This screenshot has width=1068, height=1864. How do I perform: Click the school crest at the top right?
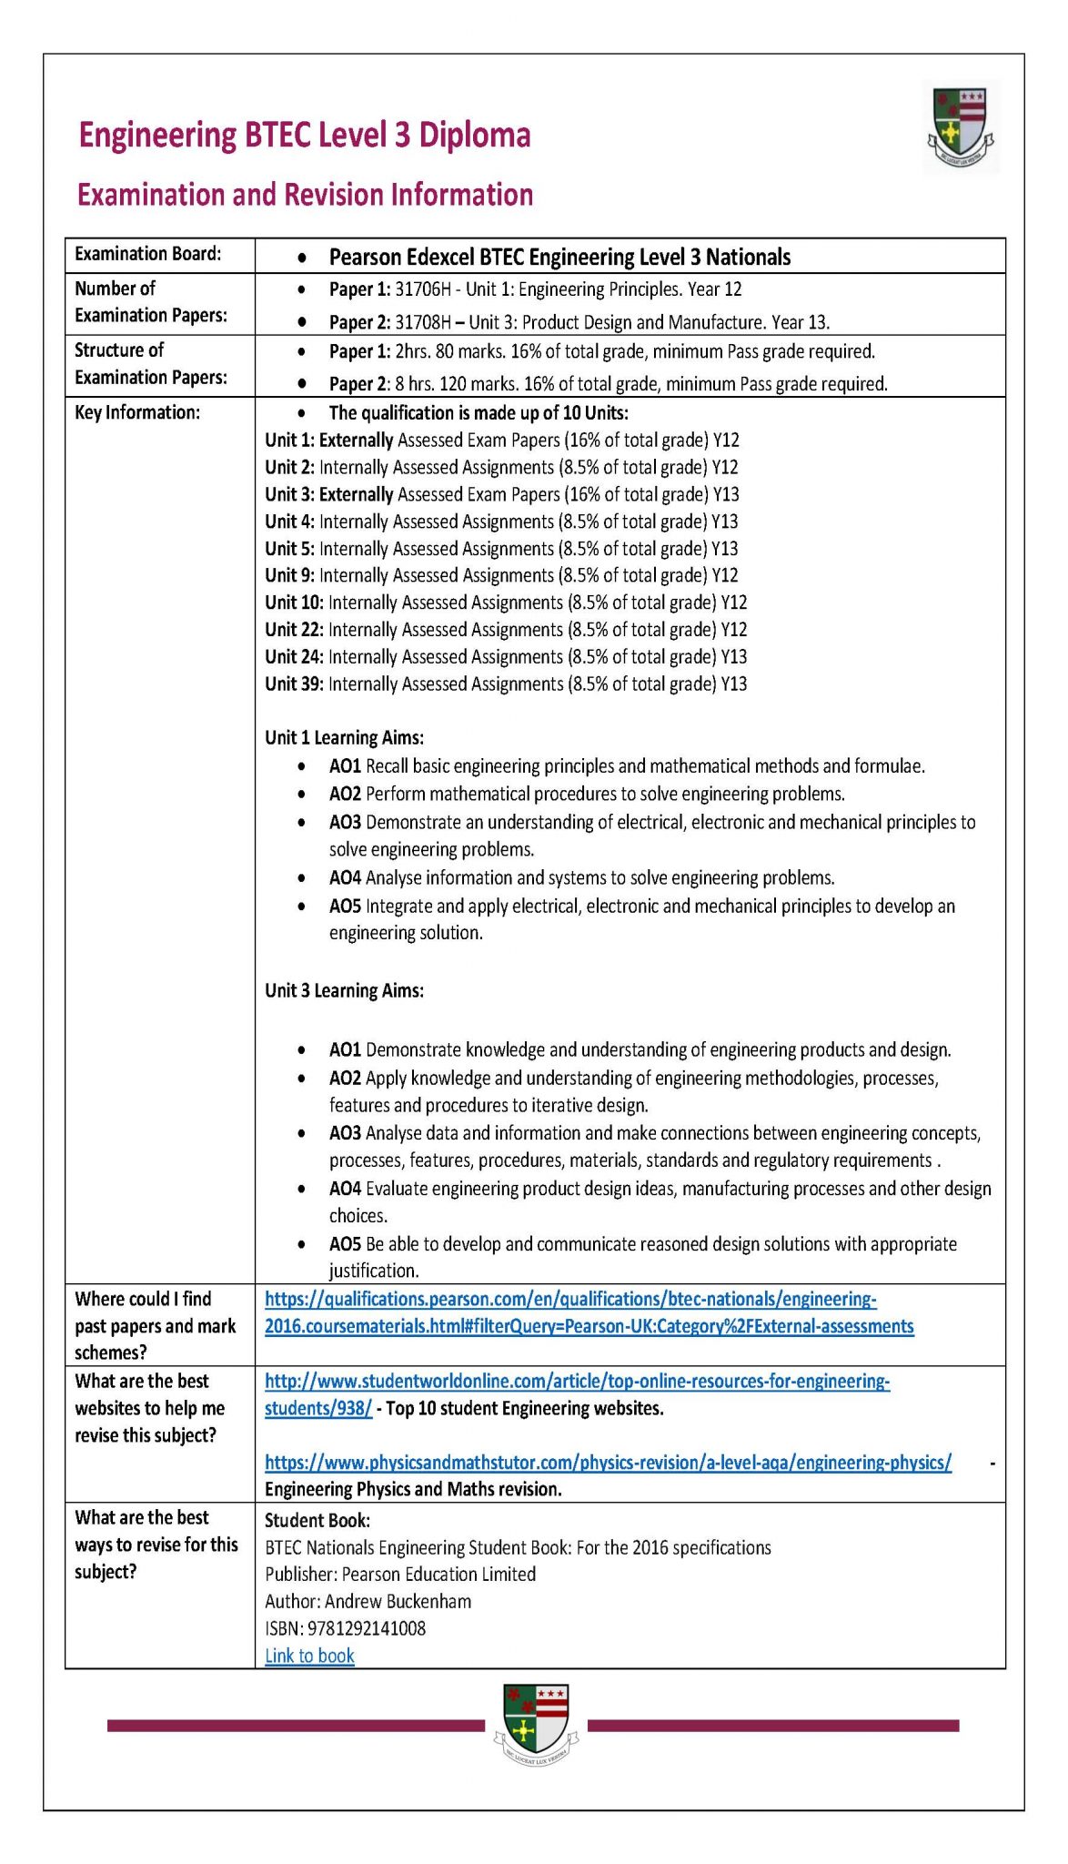click(960, 127)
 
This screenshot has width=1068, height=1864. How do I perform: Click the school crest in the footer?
click(536, 1723)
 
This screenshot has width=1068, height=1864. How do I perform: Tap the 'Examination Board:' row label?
click(147, 254)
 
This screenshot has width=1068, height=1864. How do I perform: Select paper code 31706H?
click(422, 289)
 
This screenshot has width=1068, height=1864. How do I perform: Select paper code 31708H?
click(422, 322)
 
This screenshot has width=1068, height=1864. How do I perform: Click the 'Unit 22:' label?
click(294, 630)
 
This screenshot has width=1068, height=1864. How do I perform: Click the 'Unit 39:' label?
click(294, 684)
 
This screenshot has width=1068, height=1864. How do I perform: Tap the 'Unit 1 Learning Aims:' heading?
click(344, 737)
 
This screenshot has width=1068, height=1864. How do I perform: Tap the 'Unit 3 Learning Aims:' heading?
click(344, 990)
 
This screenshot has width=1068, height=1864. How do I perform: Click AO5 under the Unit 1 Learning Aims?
click(345, 907)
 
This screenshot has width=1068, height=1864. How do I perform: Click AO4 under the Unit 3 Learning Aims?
click(345, 1189)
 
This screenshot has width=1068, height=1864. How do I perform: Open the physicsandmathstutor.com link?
click(608, 1463)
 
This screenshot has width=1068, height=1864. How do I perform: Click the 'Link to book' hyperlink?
click(309, 1656)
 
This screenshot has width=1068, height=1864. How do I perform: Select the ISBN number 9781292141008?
click(366, 1628)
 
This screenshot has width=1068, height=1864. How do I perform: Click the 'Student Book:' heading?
click(317, 1520)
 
